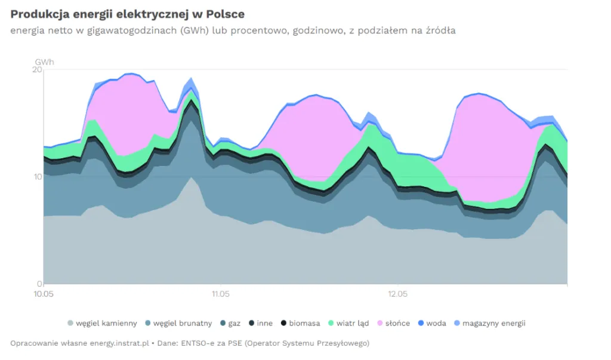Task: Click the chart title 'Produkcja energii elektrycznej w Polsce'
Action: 127,14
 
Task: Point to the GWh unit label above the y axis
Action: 44,62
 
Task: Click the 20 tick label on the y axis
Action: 37,70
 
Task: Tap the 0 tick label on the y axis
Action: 39,284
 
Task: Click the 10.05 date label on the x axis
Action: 44,294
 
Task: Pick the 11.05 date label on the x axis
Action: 221,294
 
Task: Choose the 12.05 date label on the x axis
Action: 398,294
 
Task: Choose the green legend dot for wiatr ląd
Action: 331,323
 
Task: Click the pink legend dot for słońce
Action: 379,323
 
